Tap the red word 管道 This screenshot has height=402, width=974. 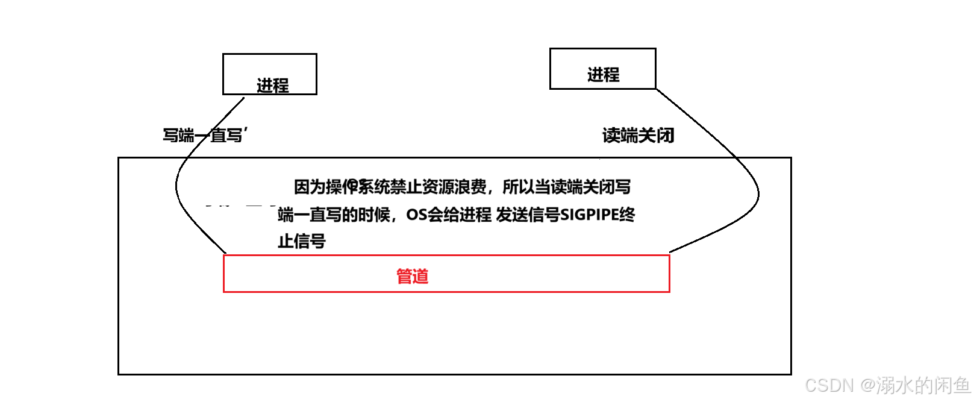click(x=412, y=276)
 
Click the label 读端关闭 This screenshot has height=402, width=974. click(x=638, y=135)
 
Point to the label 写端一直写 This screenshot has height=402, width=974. click(x=204, y=135)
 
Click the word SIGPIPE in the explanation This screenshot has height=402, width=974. click(x=589, y=215)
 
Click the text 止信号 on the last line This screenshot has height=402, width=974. click(x=302, y=241)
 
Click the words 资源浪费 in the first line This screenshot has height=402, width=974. click(x=454, y=187)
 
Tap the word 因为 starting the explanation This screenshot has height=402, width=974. click(x=310, y=187)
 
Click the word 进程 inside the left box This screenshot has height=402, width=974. click(x=273, y=86)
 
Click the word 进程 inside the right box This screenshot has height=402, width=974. click(x=603, y=75)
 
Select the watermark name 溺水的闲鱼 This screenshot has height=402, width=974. click(x=923, y=385)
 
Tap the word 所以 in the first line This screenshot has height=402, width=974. click(x=518, y=187)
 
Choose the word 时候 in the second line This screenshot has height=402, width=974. click(x=374, y=215)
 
